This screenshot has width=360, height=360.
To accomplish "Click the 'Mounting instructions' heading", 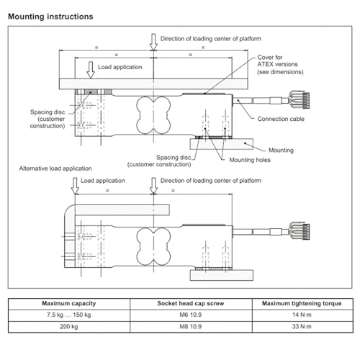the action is [50, 17].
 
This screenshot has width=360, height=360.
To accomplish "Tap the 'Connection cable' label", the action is [281, 119].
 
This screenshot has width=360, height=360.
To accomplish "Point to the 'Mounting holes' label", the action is [250, 160].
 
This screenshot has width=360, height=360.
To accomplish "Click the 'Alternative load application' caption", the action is [55, 168].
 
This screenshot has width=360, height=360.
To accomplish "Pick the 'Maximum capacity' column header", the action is [69, 304].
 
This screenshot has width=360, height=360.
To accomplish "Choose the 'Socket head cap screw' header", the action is [191, 304].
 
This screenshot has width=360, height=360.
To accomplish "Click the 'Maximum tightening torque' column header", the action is [302, 304].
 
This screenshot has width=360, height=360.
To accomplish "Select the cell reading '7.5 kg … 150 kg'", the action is [69, 315].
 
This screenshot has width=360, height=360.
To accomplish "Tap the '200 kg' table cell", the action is [69, 327].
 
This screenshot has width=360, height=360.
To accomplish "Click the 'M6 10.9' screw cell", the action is [191, 315].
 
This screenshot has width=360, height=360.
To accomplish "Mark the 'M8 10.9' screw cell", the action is [191, 327].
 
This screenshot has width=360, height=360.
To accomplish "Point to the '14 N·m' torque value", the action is [302, 315].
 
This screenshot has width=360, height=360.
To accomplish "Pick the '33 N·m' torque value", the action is [302, 327].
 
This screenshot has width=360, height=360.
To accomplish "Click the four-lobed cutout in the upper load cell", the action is [153, 115].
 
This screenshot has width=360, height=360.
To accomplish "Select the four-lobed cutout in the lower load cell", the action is [153, 246].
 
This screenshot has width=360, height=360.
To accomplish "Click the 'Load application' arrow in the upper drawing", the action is [91, 70].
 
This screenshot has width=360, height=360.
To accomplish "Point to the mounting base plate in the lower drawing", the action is [222, 275].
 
